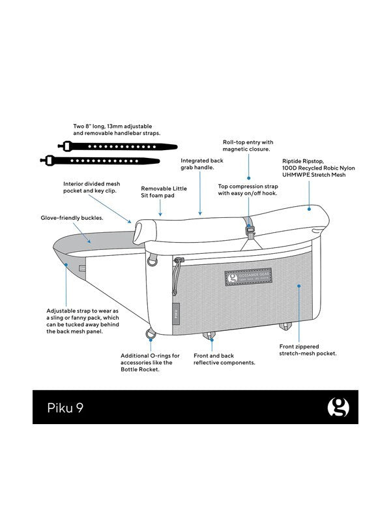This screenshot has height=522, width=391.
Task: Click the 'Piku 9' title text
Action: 65,407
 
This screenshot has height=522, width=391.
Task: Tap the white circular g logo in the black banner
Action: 338,407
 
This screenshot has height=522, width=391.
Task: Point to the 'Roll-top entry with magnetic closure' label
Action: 248,145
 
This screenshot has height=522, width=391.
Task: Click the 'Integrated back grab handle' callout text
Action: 201,164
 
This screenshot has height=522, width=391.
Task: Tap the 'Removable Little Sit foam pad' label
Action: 164,192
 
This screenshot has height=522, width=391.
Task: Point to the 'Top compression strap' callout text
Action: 248,189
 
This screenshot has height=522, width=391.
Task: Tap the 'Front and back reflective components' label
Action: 224,359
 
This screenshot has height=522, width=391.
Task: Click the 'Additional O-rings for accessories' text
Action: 146,362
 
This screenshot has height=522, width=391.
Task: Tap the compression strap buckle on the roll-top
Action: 248,228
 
